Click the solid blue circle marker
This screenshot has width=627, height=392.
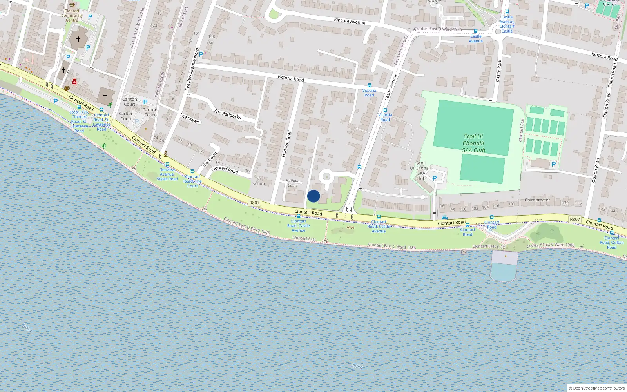point(313,196)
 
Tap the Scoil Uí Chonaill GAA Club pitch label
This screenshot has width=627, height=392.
point(473,143)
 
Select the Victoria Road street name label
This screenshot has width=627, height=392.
point(290,78)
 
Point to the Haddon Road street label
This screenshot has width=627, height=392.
point(287,144)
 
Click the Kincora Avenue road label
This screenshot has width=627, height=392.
point(350,21)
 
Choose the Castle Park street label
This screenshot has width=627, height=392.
point(498,71)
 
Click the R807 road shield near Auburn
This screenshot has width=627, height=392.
point(254,203)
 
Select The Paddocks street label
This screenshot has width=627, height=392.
point(227,114)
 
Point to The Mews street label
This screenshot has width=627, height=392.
point(189,118)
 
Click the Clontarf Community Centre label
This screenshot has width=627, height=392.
point(72,15)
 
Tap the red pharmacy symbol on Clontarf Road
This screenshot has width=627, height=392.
point(74,82)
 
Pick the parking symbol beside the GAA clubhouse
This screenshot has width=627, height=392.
point(434,178)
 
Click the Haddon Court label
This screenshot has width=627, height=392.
point(293,183)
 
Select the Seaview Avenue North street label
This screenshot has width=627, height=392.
point(192,69)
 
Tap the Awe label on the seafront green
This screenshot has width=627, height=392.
point(350,227)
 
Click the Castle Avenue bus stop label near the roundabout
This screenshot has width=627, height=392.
point(476,38)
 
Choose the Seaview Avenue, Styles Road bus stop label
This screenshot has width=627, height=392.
point(167,174)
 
